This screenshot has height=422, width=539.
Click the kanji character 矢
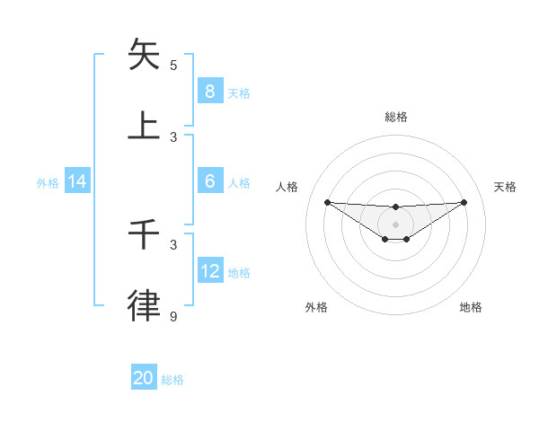click(x=144, y=55)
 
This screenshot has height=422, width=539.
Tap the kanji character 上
click(x=144, y=126)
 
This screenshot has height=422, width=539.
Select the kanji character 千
click(x=144, y=234)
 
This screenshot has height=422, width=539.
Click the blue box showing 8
click(x=209, y=91)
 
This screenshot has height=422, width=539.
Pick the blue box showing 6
click(x=209, y=180)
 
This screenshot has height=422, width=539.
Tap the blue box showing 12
click(x=209, y=270)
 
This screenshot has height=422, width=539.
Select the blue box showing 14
click(x=77, y=181)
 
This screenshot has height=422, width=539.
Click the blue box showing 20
click(x=143, y=378)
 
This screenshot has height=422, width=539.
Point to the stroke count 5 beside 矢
click(x=173, y=65)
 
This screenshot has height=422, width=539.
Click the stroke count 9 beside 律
click(x=173, y=316)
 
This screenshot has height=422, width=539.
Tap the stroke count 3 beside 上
click(x=173, y=136)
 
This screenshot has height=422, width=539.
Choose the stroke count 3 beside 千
click(x=173, y=244)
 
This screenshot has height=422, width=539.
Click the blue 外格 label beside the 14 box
click(x=48, y=182)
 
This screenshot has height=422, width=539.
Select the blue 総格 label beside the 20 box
click(x=172, y=380)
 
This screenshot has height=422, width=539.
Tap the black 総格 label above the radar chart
click(x=395, y=117)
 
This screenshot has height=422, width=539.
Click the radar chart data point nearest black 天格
click(x=464, y=202)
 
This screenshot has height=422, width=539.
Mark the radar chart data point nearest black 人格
click(x=327, y=202)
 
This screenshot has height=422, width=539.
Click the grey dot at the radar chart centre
click(x=395, y=224)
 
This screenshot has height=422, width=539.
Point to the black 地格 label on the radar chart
click(x=471, y=307)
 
